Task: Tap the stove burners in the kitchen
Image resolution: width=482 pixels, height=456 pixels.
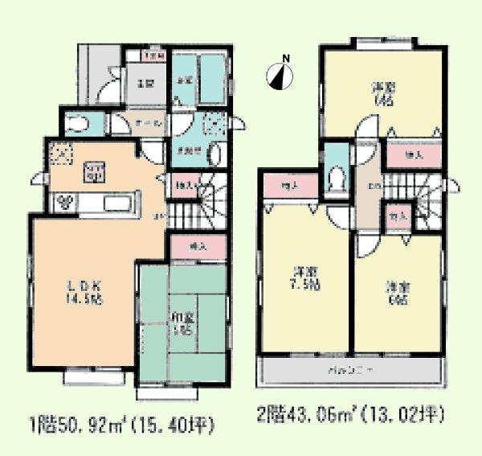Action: tap(65, 202)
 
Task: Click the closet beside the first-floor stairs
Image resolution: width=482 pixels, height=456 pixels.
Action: tap(185, 185)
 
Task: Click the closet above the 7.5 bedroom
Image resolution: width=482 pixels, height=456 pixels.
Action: tap(290, 186)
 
